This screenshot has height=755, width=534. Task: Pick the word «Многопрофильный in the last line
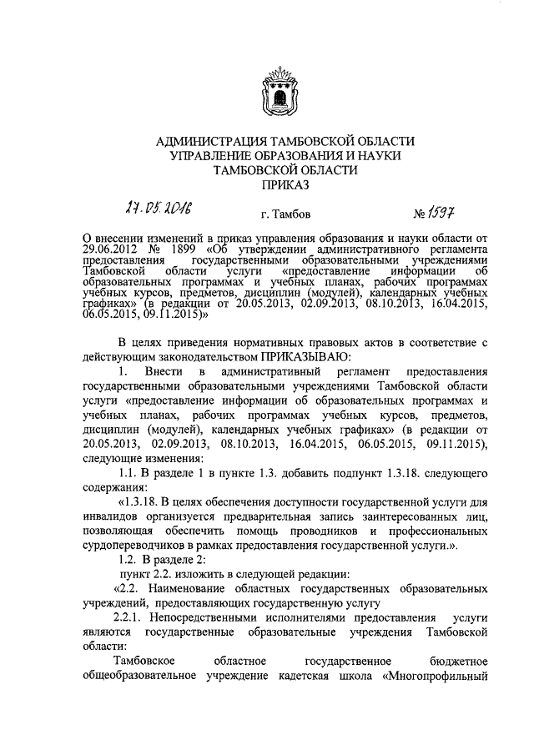(x=434, y=675)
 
